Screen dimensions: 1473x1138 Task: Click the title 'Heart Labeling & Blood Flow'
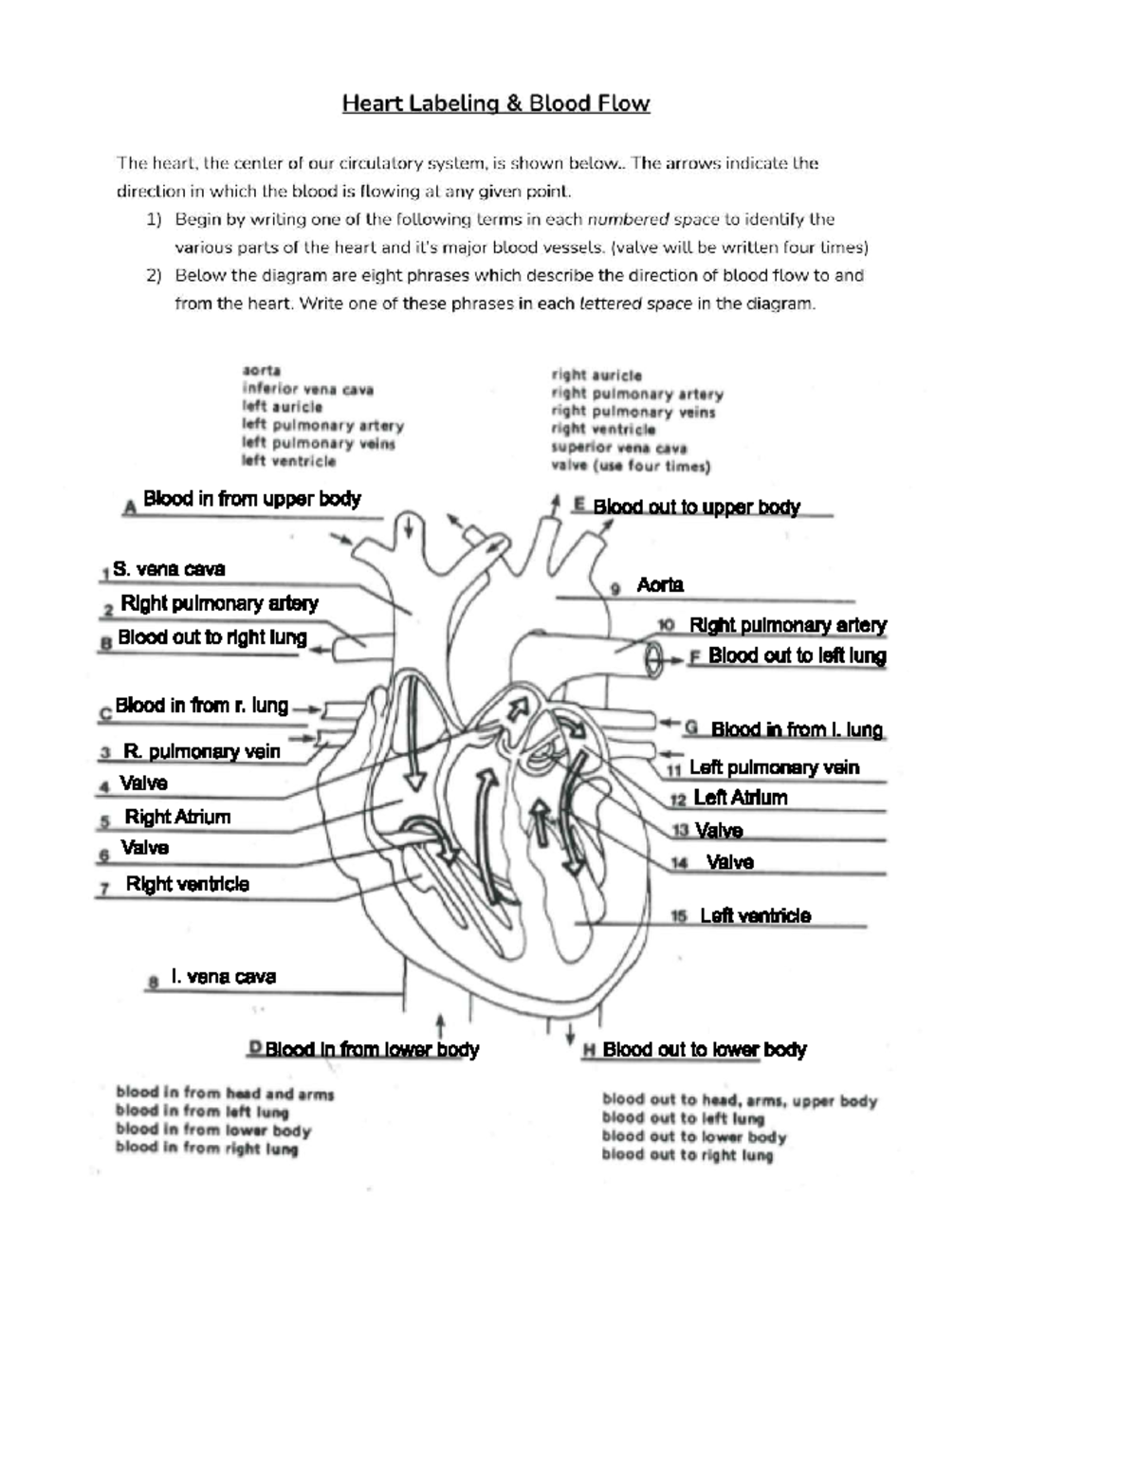(x=495, y=103)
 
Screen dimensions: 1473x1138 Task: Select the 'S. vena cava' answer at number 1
(x=169, y=569)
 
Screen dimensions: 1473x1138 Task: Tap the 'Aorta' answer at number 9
(x=660, y=585)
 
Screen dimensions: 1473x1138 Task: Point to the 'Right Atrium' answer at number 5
(x=177, y=817)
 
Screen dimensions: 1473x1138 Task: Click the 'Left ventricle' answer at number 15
(x=755, y=915)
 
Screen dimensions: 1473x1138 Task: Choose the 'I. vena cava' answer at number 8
(x=223, y=977)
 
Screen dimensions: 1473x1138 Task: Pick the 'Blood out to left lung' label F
(x=797, y=655)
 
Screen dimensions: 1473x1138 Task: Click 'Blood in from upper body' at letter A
(x=251, y=499)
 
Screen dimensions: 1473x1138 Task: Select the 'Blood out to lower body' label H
(x=704, y=1049)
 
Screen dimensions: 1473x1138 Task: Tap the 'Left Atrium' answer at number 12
(x=740, y=798)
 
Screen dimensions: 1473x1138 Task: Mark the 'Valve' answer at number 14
(x=729, y=862)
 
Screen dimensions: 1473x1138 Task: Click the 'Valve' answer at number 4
(x=143, y=783)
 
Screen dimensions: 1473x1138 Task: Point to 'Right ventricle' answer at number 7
(x=187, y=884)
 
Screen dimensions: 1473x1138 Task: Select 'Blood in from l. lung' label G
(x=796, y=729)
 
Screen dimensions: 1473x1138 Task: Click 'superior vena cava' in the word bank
(x=618, y=448)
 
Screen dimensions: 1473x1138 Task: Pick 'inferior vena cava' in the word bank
(x=307, y=389)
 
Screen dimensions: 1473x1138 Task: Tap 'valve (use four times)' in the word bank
(x=630, y=466)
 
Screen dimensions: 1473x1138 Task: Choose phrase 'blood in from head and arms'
(x=225, y=1094)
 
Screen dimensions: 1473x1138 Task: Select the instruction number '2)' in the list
(x=153, y=275)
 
